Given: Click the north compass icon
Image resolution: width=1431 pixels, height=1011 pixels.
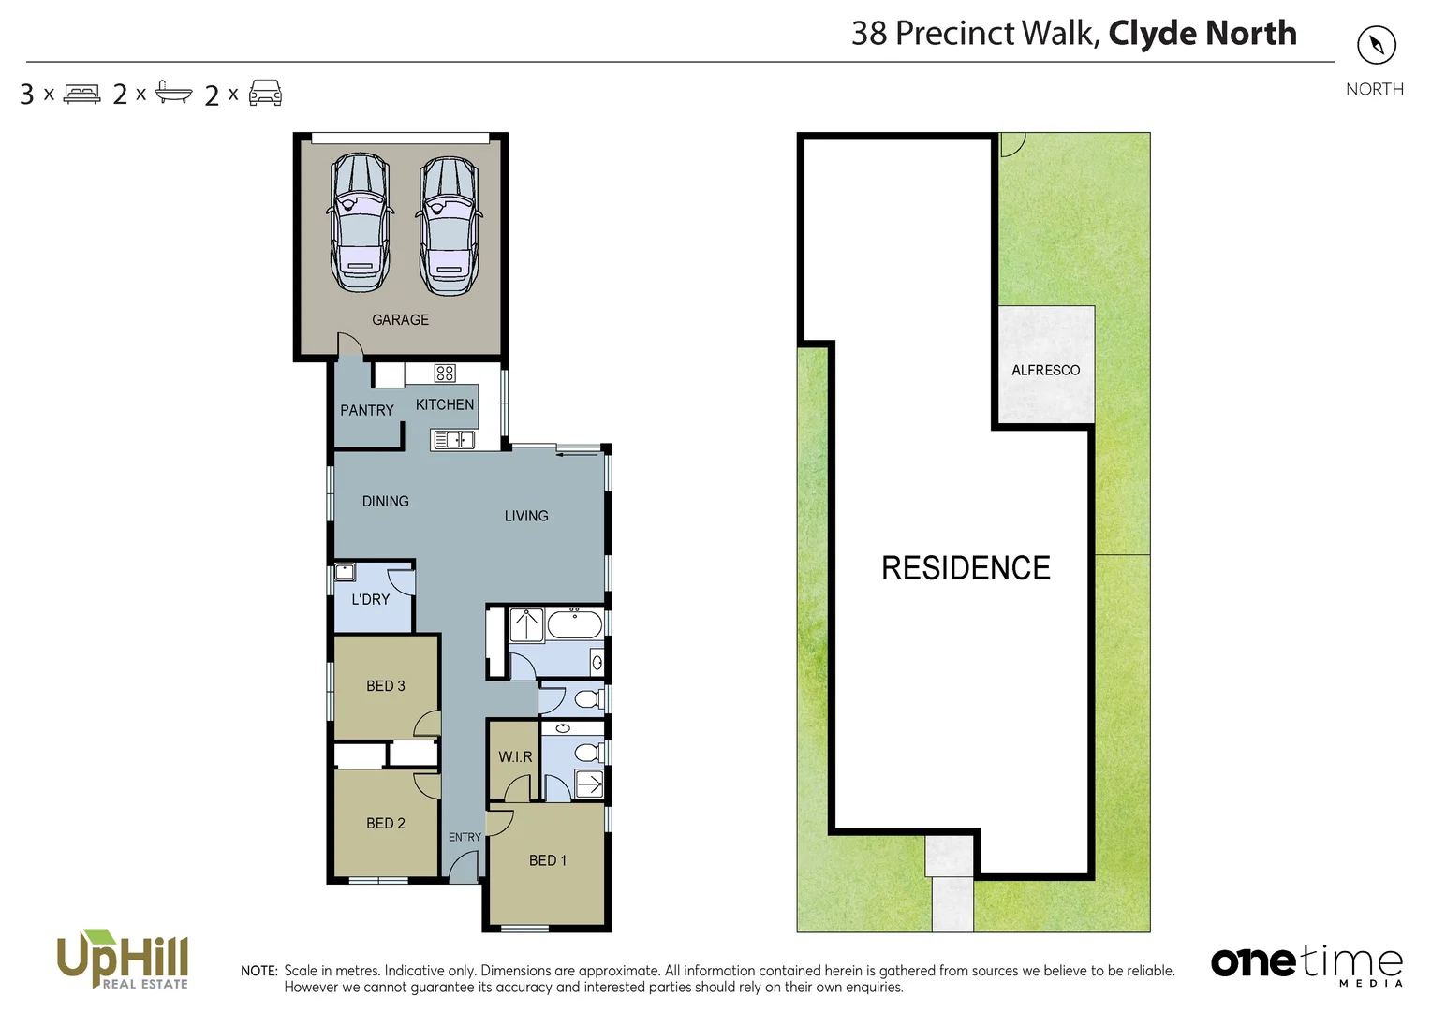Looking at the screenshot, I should [1376, 45].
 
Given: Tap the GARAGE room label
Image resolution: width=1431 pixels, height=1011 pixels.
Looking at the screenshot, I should [400, 320].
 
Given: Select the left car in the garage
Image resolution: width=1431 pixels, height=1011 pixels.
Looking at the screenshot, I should [360, 224].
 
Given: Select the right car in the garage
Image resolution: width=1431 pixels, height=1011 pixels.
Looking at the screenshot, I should [450, 226].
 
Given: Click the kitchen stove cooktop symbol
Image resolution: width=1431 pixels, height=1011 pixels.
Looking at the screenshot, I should [445, 374].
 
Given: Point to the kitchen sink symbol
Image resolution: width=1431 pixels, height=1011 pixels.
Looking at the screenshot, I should [453, 439].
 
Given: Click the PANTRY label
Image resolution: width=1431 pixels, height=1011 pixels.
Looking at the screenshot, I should [366, 410].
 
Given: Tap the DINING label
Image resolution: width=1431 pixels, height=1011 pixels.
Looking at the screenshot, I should [385, 502].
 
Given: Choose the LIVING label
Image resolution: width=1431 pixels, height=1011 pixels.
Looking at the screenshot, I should [525, 516].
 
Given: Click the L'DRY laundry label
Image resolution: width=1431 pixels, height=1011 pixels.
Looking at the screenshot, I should [370, 600].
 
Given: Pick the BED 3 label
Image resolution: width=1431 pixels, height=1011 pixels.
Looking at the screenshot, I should [385, 686].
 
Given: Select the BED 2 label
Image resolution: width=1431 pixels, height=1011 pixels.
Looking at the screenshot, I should [385, 824].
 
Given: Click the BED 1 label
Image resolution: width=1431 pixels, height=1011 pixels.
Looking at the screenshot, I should [547, 860].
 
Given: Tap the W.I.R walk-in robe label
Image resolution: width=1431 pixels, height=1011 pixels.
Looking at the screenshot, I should [514, 756].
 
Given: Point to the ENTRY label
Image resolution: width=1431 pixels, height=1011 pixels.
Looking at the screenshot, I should [465, 837].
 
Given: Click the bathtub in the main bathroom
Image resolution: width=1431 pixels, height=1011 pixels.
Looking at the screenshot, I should [574, 623].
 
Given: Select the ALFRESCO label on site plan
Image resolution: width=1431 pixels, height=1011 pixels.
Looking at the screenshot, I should [1045, 371].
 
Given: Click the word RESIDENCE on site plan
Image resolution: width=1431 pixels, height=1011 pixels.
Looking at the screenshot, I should [966, 568].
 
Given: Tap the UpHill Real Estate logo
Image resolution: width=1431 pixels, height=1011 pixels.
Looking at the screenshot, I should [123, 960].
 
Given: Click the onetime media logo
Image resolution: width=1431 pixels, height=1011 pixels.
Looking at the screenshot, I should [1306, 964].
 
